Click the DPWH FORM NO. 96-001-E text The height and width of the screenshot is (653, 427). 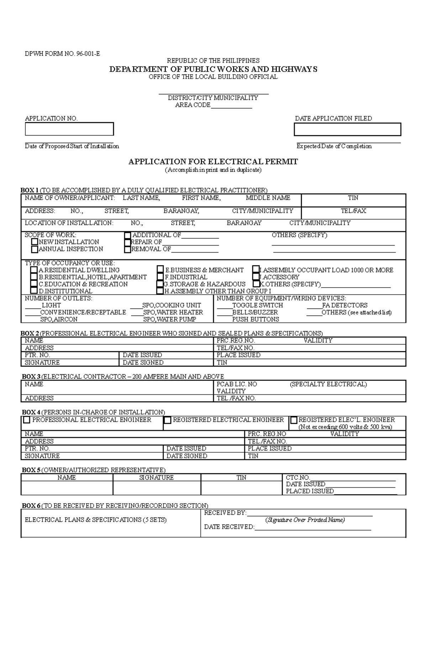(62, 54)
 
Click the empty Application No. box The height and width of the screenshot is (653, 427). (69, 129)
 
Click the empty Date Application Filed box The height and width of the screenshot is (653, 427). (347, 129)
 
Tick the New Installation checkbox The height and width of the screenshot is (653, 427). (35, 242)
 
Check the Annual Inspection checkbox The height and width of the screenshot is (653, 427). (35, 249)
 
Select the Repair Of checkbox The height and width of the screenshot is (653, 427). (128, 242)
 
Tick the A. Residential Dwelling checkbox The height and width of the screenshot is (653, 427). (34, 270)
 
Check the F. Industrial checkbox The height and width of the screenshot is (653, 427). (160, 277)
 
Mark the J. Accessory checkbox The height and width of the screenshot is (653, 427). (256, 277)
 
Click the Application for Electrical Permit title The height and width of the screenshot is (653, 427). (213, 162)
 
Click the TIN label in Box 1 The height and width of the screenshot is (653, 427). (353, 198)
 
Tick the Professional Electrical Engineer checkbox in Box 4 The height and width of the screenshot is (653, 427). (27, 420)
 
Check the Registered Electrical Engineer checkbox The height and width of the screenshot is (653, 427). (168, 420)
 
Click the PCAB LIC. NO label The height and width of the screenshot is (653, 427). (237, 384)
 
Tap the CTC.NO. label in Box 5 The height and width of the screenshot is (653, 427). (298, 478)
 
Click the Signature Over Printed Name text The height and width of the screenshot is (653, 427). (305, 520)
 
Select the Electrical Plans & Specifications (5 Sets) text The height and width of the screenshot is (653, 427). (95, 520)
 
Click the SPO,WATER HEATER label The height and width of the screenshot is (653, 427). (173, 312)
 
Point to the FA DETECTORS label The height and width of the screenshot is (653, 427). (344, 305)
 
